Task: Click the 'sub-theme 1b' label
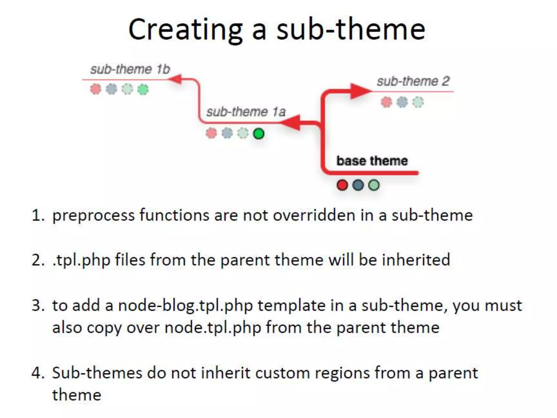point(130,69)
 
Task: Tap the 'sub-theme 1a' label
point(246,112)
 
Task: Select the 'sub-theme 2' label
point(413,81)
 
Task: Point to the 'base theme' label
point(372,161)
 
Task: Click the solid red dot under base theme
point(342,185)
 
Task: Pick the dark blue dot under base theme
point(358,185)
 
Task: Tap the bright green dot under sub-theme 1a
point(259,134)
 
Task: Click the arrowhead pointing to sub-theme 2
point(360,91)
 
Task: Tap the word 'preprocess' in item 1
point(94,216)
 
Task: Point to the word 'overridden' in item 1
point(314,215)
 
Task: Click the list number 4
point(37,373)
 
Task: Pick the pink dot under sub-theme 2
point(386,102)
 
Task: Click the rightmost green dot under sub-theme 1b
point(143,89)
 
